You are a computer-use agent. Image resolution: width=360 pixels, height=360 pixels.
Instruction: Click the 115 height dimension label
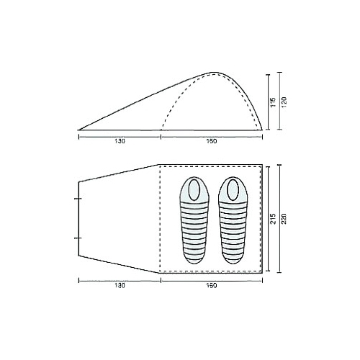click(x=273, y=102)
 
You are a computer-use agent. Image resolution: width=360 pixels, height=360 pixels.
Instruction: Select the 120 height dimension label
click(x=284, y=102)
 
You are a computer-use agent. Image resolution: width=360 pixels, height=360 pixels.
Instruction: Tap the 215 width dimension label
click(x=273, y=219)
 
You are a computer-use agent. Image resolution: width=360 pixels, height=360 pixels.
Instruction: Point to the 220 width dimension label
click(x=284, y=219)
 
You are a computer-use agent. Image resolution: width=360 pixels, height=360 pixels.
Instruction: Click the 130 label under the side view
click(x=120, y=141)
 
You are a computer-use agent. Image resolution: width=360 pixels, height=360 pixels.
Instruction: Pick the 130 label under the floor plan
click(x=120, y=286)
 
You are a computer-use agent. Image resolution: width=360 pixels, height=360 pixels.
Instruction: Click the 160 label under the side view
click(x=212, y=141)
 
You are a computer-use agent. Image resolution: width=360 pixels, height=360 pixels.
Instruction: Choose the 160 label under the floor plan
click(x=212, y=286)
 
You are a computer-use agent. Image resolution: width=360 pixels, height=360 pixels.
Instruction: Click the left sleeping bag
click(x=194, y=220)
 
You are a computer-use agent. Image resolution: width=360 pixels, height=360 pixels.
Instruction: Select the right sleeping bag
click(x=233, y=220)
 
